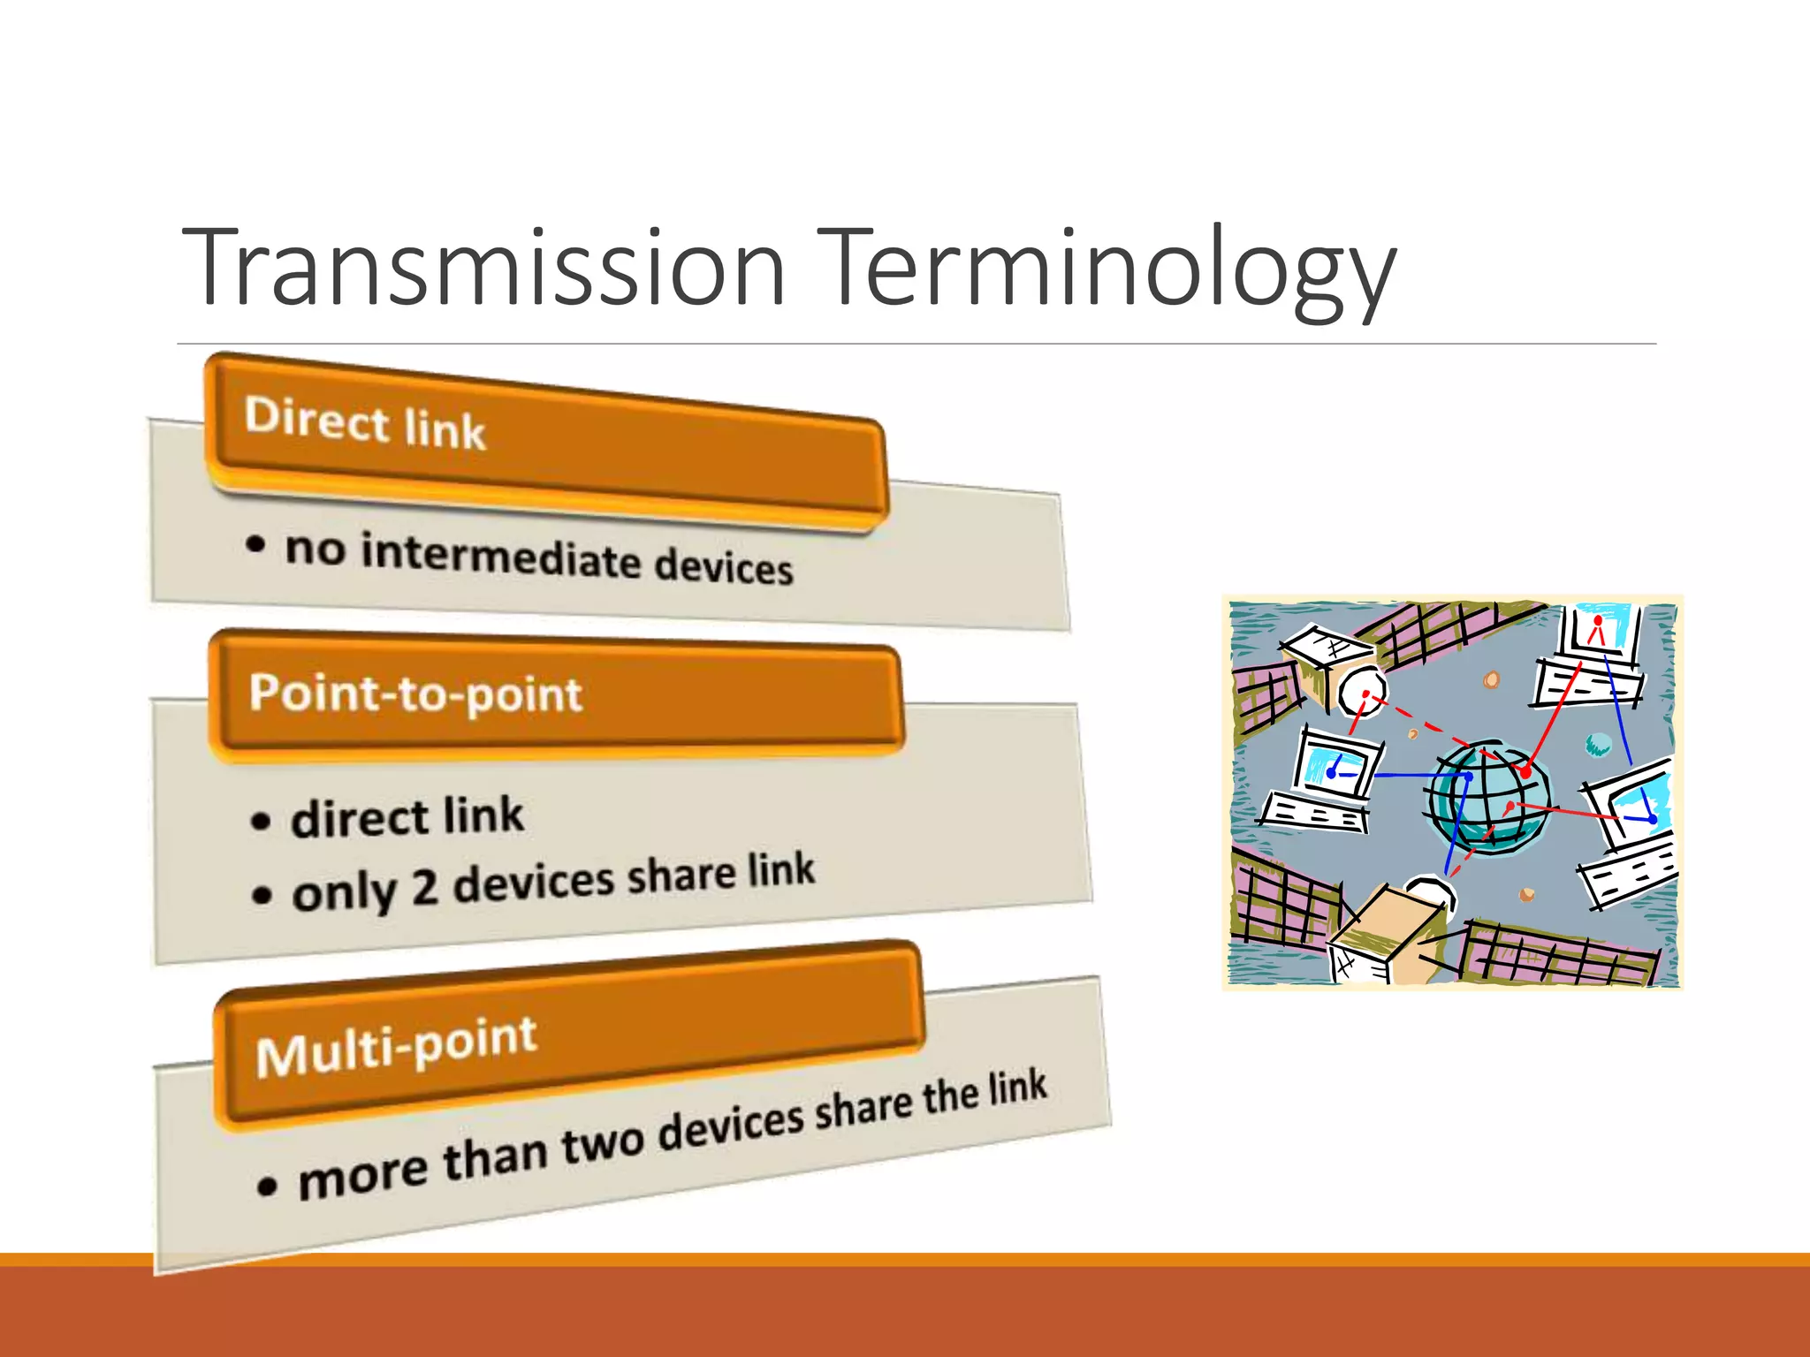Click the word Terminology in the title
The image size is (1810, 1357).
pos(1105,268)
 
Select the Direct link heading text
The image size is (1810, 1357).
pos(365,423)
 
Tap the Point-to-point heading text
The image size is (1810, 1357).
pos(415,694)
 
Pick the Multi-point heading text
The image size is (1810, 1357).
pos(396,1048)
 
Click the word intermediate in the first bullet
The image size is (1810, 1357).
pos(500,558)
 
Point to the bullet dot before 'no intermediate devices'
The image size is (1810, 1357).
pos(255,543)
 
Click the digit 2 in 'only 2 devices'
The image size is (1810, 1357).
pos(425,889)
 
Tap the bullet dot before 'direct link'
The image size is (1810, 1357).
pos(261,822)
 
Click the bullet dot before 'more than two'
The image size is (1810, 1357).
pos(267,1185)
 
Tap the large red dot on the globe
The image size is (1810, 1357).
pos(1525,772)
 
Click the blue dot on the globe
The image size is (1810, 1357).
pos(1468,777)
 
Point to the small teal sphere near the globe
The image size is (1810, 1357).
pos(1598,745)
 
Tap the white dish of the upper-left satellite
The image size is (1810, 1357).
pos(1361,692)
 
